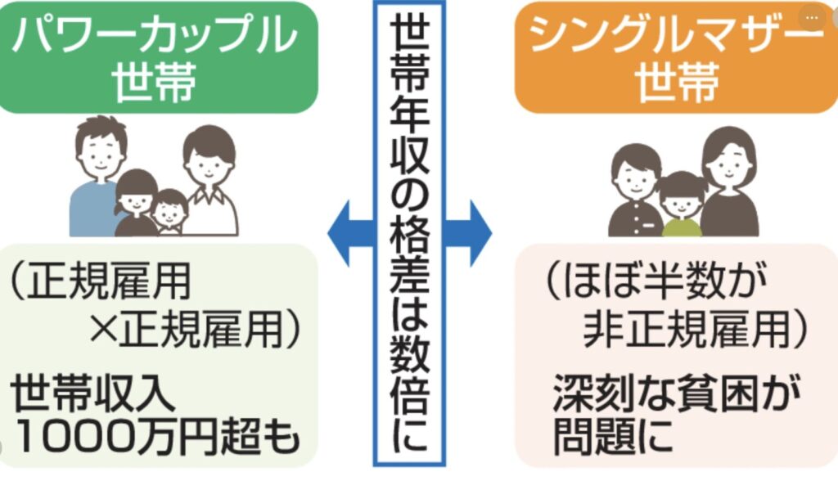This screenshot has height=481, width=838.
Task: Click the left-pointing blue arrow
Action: point(347,234)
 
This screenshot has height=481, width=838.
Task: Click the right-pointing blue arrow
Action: point(473,234)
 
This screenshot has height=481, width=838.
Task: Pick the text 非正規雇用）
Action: point(696,331)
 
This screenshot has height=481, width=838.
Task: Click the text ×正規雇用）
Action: point(196,331)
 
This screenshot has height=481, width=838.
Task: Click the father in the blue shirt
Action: point(97,176)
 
